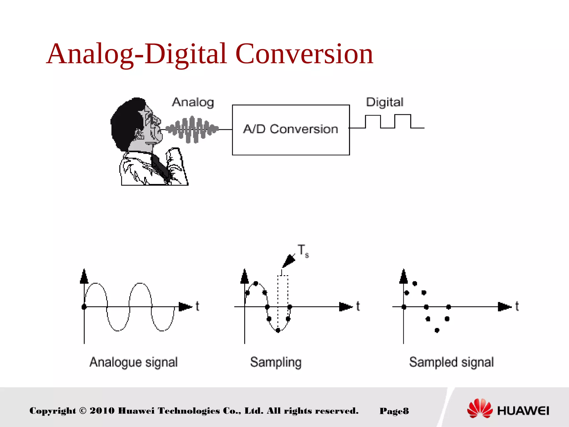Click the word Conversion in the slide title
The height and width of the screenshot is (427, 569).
pos(304,54)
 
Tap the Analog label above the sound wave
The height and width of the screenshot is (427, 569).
pos(193,103)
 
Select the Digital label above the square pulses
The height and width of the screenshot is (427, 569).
pos(385,102)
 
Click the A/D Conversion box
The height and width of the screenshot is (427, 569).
pos(291,130)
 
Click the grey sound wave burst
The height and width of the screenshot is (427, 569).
pos(192,129)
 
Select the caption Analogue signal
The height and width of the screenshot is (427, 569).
pos(133,362)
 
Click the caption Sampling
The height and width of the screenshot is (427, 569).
pos(276,362)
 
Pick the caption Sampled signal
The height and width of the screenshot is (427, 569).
pos(451,362)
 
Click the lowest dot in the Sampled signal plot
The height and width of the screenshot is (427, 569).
pos(437,330)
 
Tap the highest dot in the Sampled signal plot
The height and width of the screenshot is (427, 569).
pos(415,284)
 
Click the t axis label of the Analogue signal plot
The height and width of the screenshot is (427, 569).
pos(197,306)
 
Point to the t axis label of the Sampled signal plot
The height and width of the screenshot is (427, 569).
pos(517,306)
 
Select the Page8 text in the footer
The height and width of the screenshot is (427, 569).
pos(394,411)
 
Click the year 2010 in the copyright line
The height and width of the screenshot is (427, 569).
pos(102,411)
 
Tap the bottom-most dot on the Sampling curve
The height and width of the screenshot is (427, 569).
pos(278,330)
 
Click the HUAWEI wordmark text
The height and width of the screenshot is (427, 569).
pos(523,411)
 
